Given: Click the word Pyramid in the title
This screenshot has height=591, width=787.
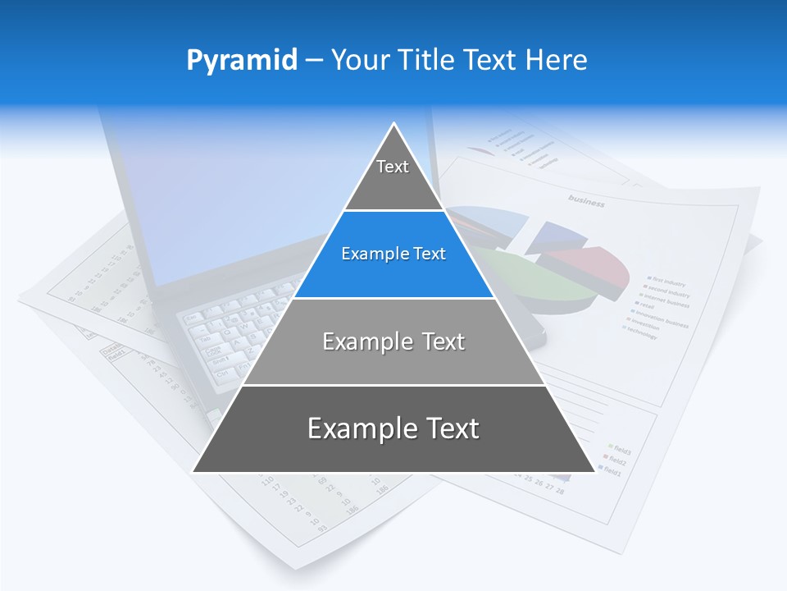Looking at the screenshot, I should tap(241, 60).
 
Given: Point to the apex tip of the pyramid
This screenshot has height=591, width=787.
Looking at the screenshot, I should tap(393, 125).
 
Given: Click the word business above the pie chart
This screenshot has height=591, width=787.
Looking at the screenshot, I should tap(586, 200).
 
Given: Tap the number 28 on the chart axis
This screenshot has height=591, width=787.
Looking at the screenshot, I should tap(560, 490).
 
